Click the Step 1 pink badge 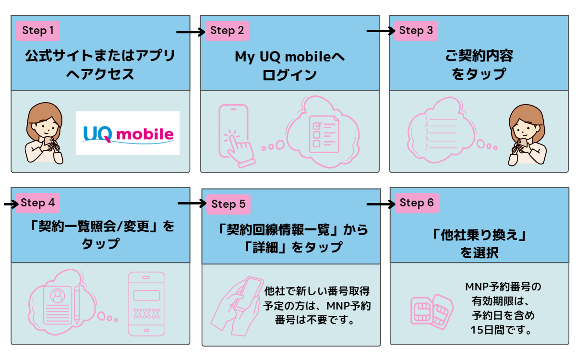pyautogui.click(x=38, y=31)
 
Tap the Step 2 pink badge pyautogui.click(x=227, y=31)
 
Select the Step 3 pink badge pyautogui.click(x=416, y=31)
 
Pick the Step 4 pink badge pyautogui.click(x=38, y=203)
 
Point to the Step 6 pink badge pyautogui.click(x=416, y=203)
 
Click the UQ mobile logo pyautogui.click(x=128, y=133)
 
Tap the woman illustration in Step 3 pyautogui.click(x=527, y=134)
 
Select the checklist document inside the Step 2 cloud pyautogui.click(x=323, y=133)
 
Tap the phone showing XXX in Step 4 pyautogui.click(x=146, y=304)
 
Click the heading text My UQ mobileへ pyautogui.click(x=289, y=57)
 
